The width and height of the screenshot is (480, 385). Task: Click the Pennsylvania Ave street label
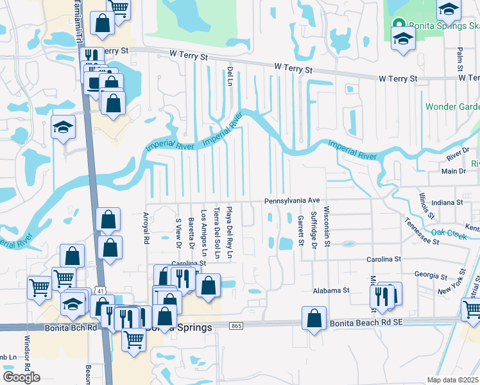click(x=292, y=201)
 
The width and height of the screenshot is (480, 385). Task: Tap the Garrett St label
click(x=300, y=230)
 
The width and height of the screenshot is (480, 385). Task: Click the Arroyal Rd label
click(x=146, y=229)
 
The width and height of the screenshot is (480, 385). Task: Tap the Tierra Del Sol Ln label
click(x=217, y=233)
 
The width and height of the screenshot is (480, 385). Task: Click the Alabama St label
click(x=330, y=291)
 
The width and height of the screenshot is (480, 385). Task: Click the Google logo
click(x=21, y=377)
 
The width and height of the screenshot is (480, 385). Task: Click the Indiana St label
click(x=448, y=202)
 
